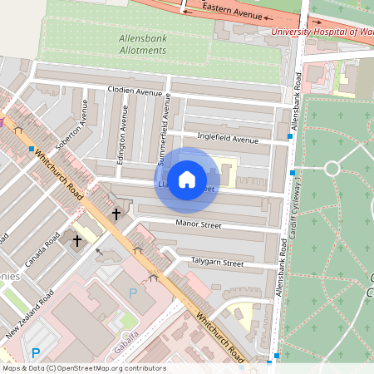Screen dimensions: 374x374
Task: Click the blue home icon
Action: [187, 180]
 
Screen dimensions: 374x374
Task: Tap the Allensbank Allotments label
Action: [130, 45]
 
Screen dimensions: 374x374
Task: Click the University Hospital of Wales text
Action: [320, 32]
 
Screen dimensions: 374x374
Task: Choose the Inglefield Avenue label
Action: [228, 138]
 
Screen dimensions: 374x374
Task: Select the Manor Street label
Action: [199, 224]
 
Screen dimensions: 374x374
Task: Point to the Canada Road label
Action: [43, 250]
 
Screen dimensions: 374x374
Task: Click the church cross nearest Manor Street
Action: [116, 214]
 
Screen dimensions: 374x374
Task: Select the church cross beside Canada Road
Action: [77, 241]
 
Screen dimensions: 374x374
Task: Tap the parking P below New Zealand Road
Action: [35, 352]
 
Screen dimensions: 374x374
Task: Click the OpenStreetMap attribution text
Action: [83, 368]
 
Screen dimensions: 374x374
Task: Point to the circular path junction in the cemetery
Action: [332, 169]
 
